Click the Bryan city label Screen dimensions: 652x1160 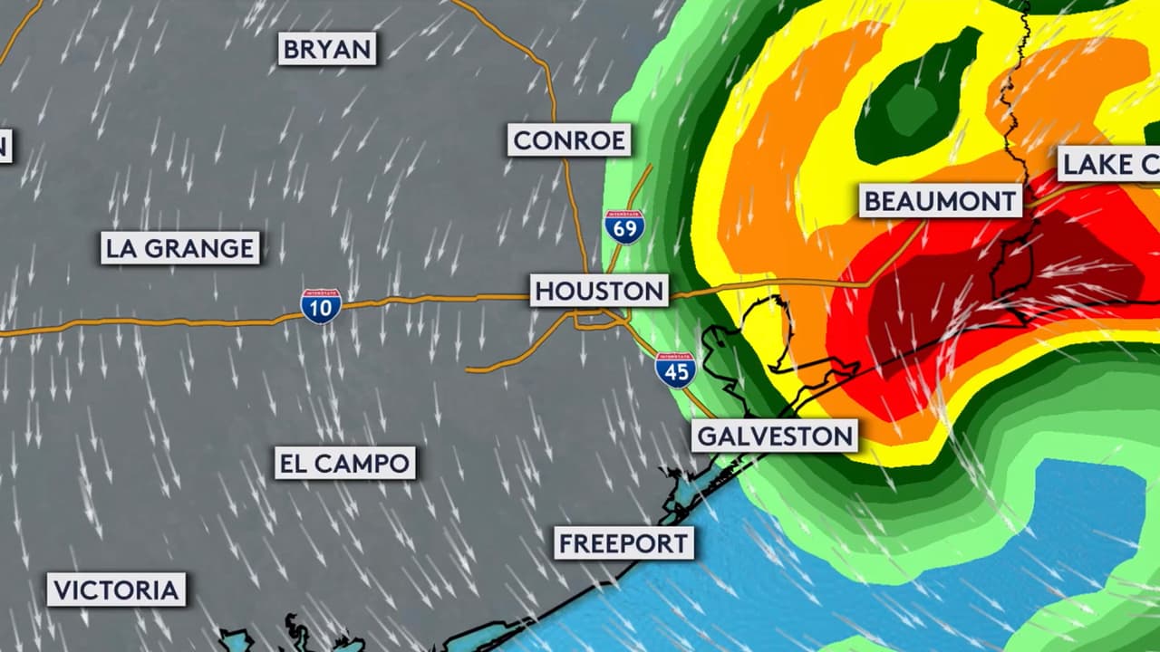pos(327,49)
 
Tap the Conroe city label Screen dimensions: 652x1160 pos(568,140)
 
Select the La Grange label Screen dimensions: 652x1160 pos(180,248)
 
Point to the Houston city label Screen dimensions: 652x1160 pos(599,291)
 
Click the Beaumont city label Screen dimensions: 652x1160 pos(941,201)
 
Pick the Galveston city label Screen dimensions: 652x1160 pos(775,436)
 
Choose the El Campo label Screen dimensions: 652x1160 pos(344,464)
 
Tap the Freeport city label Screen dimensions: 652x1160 pos(623,543)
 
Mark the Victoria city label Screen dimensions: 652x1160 pos(116,590)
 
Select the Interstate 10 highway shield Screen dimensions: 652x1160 pos(321,306)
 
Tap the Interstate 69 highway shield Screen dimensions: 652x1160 pos(625,226)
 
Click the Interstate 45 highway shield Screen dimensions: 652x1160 pos(675,369)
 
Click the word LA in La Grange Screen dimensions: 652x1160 pos(121,248)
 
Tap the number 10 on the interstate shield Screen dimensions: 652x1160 pos(321,310)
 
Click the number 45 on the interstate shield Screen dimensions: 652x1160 pos(675,373)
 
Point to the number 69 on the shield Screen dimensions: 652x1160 pos(625,230)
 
